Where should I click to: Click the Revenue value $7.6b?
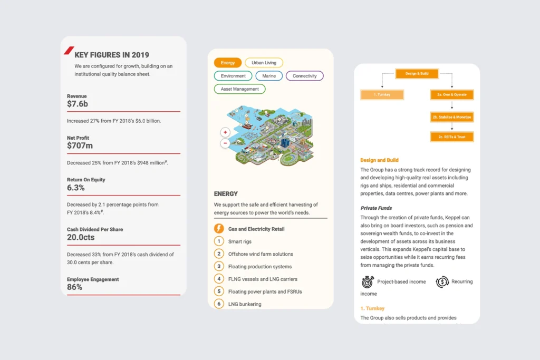[78, 104]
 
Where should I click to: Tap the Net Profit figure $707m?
[80, 145]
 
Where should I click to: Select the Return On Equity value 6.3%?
[76, 188]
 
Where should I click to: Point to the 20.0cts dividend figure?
[81, 238]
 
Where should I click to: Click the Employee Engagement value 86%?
[74, 287]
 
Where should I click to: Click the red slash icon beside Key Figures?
[69, 51]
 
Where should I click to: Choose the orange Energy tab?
[228, 63]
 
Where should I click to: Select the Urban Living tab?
[264, 63]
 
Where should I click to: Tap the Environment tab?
[233, 76]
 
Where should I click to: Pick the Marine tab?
[269, 76]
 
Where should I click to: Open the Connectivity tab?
[304, 76]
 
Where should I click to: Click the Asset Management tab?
[239, 89]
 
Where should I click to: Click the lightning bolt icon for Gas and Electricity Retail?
[219, 229]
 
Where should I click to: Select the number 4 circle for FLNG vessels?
[219, 279]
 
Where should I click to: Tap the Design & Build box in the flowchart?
[417, 74]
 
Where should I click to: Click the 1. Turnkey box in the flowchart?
[382, 95]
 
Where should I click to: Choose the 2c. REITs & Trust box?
[452, 137]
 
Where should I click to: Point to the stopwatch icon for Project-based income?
[367, 281]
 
